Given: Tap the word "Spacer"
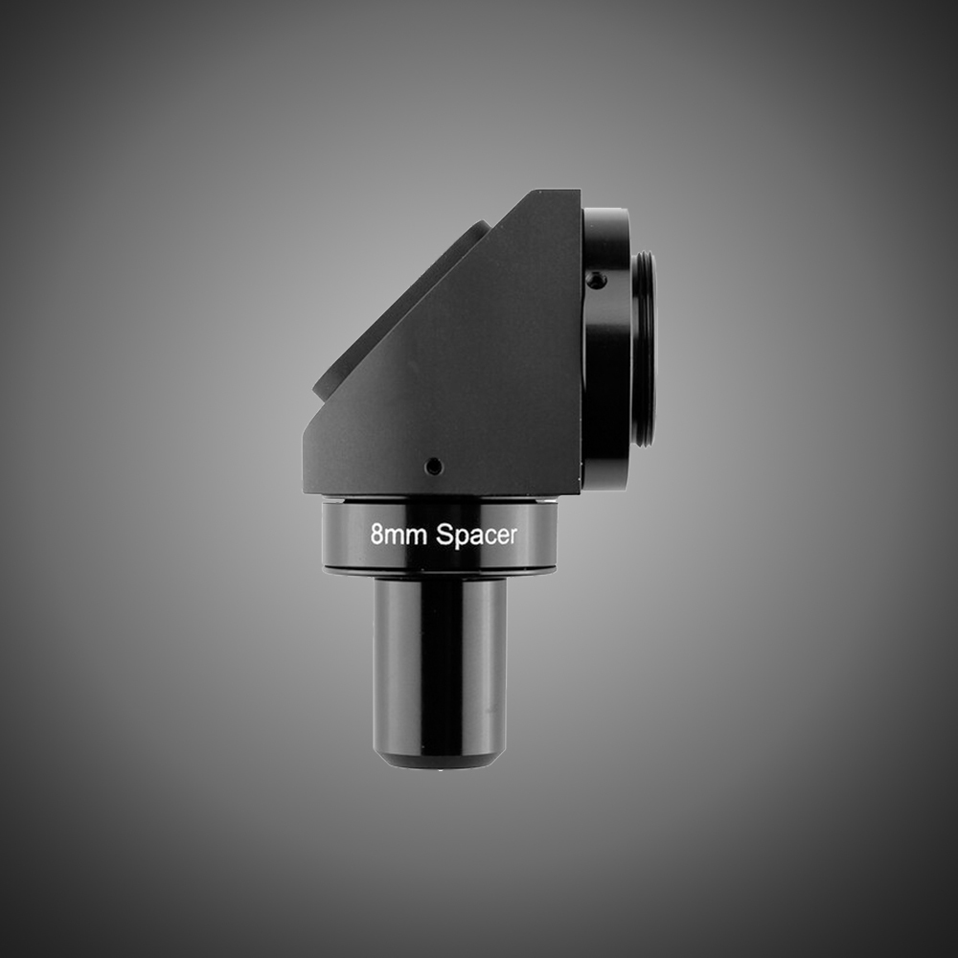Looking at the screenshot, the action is point(476,536).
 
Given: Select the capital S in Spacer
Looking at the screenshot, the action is point(444,535).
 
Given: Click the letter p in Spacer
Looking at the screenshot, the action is point(461,539).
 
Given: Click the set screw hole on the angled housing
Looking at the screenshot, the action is point(434,467).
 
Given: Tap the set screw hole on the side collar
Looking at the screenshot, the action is point(596,281).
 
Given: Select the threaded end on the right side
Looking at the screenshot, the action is point(645,349).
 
